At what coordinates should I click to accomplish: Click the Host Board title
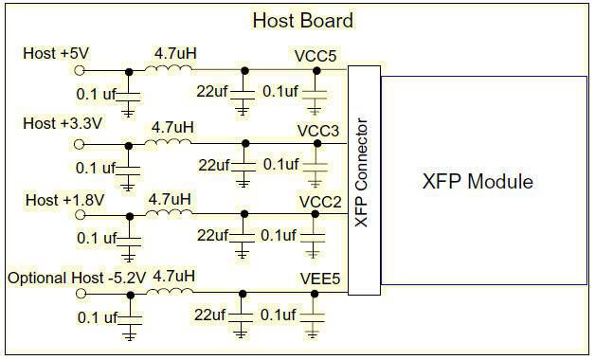[x=303, y=20]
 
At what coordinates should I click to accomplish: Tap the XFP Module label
[x=478, y=181]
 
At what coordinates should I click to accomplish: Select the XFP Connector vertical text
[x=361, y=173]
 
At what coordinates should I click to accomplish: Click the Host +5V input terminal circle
[x=79, y=70]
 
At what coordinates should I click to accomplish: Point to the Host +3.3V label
[x=63, y=123]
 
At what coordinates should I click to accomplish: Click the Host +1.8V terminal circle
[x=80, y=215]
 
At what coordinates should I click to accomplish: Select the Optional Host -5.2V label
[x=77, y=279]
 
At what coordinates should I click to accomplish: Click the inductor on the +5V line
[x=168, y=68]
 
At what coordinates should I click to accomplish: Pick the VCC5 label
[x=316, y=56]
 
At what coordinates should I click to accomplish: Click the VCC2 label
[x=320, y=202]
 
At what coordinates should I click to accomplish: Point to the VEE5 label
[x=320, y=279]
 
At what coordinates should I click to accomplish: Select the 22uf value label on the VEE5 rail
[x=209, y=315]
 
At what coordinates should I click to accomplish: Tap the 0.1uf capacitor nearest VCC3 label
[x=316, y=166]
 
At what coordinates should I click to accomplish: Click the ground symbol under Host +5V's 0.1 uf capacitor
[x=128, y=113]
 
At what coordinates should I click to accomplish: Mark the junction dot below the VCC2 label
[x=315, y=214]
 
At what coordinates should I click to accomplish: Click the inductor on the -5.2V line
[x=170, y=290]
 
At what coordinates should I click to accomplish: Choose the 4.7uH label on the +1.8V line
[x=170, y=200]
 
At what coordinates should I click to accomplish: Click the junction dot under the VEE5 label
[x=315, y=294]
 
